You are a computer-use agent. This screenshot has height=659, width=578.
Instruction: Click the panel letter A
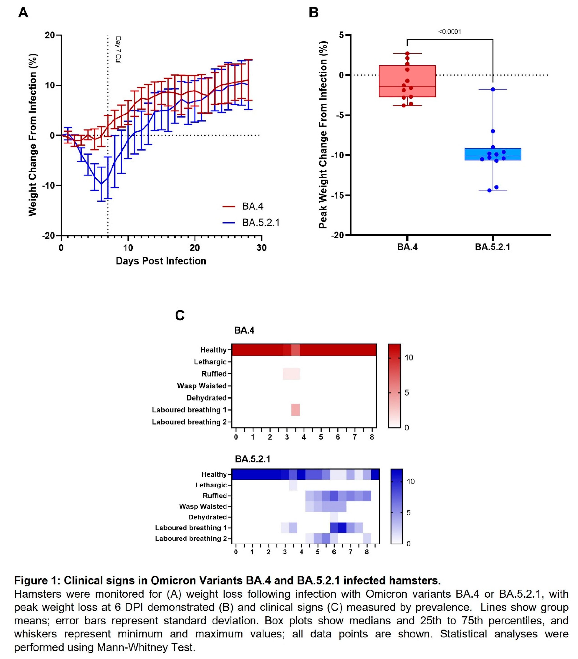pyautogui.click(x=23, y=13)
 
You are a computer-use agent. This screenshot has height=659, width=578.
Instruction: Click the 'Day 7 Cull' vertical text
pyautogui.click(x=118, y=51)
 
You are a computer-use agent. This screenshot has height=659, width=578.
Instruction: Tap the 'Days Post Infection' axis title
pyautogui.click(x=161, y=261)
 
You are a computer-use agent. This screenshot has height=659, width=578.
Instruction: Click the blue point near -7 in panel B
pyautogui.click(x=493, y=131)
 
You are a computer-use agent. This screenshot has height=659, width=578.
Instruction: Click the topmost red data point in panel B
pyautogui.click(x=407, y=54)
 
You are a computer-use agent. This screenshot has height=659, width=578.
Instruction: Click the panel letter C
pyautogui.click(x=180, y=315)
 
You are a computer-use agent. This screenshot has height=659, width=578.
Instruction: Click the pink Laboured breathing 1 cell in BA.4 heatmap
pyautogui.click(x=295, y=410)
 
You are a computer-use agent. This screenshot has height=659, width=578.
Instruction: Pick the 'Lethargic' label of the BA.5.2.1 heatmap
pyautogui.click(x=211, y=485)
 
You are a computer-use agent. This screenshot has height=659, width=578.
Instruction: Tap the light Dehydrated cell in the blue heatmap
pyautogui.click(x=334, y=517)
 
